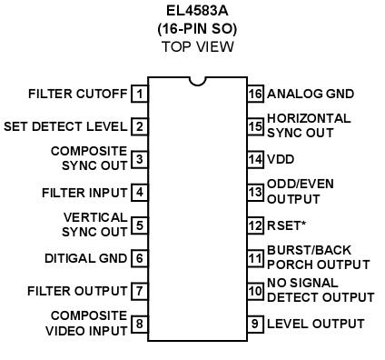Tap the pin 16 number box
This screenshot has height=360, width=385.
pos(255,94)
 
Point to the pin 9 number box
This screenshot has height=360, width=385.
pos(255,324)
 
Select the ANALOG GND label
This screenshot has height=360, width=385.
pos(311,94)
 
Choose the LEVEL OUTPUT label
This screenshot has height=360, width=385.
pos(315,324)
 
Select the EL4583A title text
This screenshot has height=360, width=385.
pos(196,13)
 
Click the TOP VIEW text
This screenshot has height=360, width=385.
pos(196,45)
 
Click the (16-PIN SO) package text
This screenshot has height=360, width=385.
pos(196,29)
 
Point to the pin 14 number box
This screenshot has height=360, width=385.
pos(255,159)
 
